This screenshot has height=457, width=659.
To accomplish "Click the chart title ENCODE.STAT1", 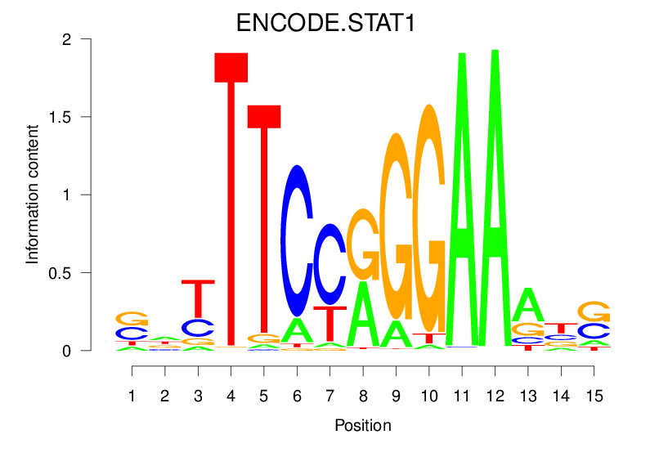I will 326,23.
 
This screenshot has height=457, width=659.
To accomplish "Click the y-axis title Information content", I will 33,194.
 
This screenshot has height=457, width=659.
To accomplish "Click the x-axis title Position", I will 363,425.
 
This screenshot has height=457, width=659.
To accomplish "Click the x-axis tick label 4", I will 231,396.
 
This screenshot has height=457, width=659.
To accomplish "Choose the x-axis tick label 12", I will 495,396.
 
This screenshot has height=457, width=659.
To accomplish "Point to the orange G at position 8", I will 363,244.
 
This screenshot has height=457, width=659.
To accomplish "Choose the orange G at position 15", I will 594,311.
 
